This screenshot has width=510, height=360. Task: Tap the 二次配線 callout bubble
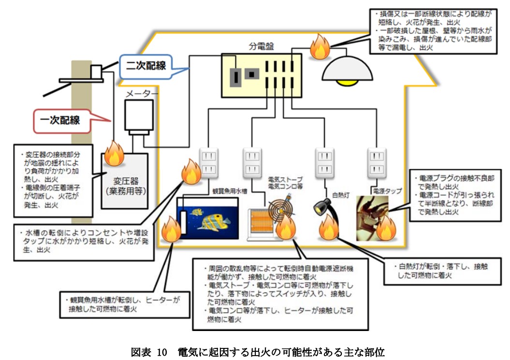(146, 66)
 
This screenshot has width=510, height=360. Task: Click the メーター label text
(141, 93)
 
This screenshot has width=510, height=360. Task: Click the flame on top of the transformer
(115, 153)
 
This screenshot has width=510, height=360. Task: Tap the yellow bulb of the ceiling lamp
(347, 83)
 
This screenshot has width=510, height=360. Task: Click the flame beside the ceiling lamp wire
(319, 47)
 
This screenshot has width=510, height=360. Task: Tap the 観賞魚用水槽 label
(230, 191)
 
